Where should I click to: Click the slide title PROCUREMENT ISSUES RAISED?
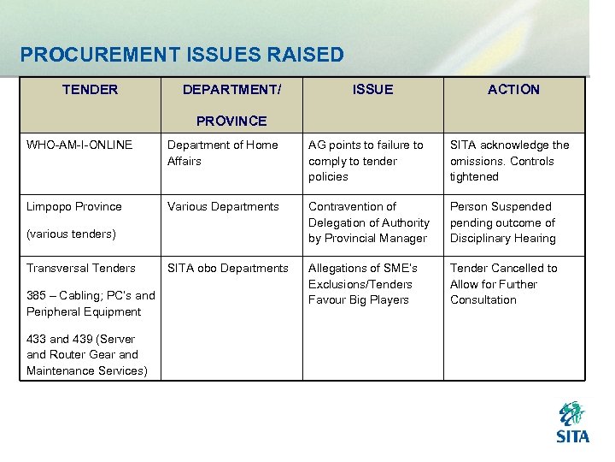[182, 56]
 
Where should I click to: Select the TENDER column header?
[90, 90]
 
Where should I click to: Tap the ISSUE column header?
[373, 90]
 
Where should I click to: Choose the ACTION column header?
[513, 90]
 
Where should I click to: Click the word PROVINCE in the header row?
[231, 121]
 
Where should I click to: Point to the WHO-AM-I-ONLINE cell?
[79, 145]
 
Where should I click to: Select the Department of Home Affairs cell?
[222, 152]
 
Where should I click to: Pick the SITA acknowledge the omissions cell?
[509, 161]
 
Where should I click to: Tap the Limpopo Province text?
[74, 206]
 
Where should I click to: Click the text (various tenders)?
[71, 234]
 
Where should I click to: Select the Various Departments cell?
[223, 206]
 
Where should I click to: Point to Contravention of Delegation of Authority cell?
[368, 222]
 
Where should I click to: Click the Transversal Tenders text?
[81, 268]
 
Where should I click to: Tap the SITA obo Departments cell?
[228, 268]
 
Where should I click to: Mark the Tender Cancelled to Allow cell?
[503, 284]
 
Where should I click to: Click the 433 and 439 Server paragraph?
[86, 355]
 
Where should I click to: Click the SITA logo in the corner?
[572, 423]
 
